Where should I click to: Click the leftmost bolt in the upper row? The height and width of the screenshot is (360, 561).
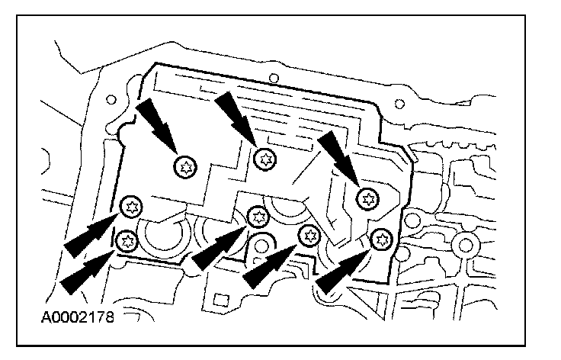(184, 166)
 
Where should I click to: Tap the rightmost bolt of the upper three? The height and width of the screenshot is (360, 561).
(369, 198)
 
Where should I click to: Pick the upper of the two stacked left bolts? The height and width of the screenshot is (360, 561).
(131, 204)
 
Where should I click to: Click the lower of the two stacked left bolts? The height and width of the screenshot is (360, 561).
(127, 241)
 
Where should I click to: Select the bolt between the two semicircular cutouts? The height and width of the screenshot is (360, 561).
(257, 217)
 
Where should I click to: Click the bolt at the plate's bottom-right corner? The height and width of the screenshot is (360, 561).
(380, 239)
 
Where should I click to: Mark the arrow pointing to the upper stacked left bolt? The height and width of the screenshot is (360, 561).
(88, 235)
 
